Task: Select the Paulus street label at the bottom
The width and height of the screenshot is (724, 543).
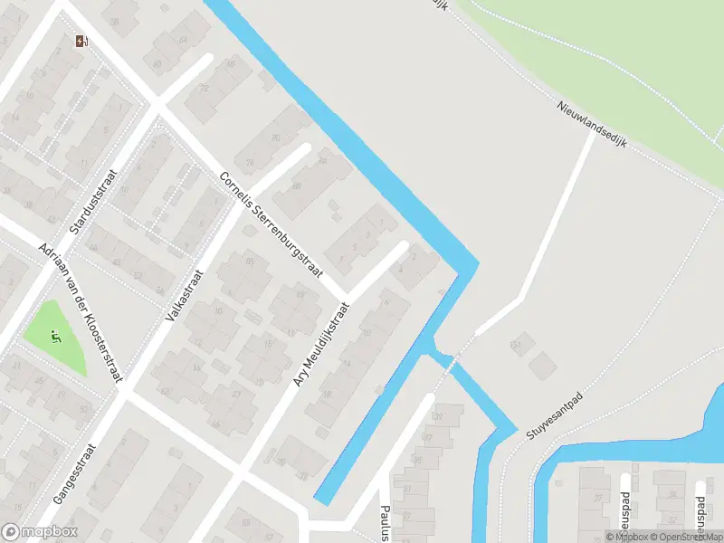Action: point(386,522)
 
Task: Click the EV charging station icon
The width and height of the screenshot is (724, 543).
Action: point(82,40)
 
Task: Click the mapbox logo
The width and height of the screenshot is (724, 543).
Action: point(40,532)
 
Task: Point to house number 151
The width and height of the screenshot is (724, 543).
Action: point(517,345)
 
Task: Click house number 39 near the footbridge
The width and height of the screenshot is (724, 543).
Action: point(439,417)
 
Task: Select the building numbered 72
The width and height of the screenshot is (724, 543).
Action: point(205,89)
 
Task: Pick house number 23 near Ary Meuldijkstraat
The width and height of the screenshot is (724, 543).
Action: point(235,394)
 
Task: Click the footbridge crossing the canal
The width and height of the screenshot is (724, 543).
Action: point(453,354)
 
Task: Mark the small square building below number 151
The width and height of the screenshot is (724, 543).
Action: point(543,367)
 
